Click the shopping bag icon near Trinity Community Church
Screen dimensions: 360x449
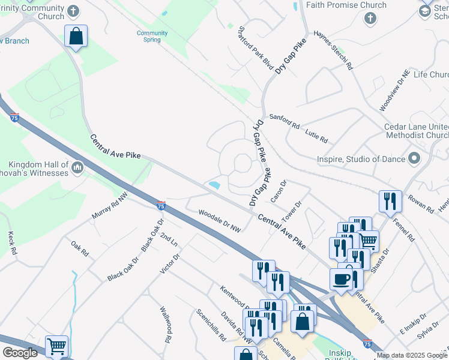coord(76,36)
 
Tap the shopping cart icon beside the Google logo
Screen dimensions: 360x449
coord(56,346)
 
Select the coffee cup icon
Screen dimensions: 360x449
coord(341,279)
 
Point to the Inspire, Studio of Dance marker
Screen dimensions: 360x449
coord(414,159)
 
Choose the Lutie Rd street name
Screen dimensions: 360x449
coord(316,135)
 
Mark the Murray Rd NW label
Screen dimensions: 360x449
coord(110,205)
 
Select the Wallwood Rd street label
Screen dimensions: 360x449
coord(166,325)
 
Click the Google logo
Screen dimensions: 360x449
coord(20,353)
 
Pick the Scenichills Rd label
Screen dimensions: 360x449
coord(209,324)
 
